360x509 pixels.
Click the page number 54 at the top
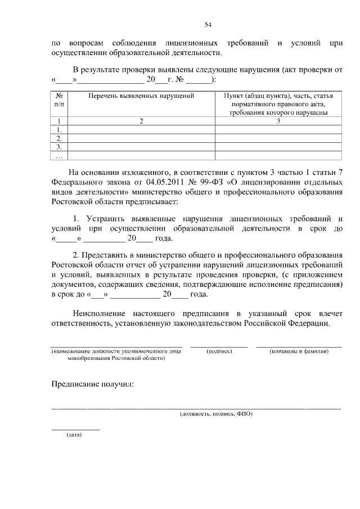pyautogui.click(x=208, y=24)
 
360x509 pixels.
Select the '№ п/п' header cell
pyautogui.click(x=59, y=100)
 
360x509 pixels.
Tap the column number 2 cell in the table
pyautogui.click(x=142, y=121)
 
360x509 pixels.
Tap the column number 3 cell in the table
pyautogui.click(x=278, y=121)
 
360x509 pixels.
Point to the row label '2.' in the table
pyautogui.click(x=59, y=138)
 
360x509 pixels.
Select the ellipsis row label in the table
pyautogui.click(x=59, y=155)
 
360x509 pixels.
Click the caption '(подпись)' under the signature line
pyautogui.click(x=219, y=351)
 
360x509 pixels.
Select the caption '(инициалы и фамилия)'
pyautogui.click(x=299, y=351)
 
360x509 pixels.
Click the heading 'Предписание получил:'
pyautogui.click(x=93, y=384)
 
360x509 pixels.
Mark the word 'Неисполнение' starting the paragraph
pyautogui.click(x=101, y=313)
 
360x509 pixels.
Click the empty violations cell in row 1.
pyautogui.click(x=142, y=129)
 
